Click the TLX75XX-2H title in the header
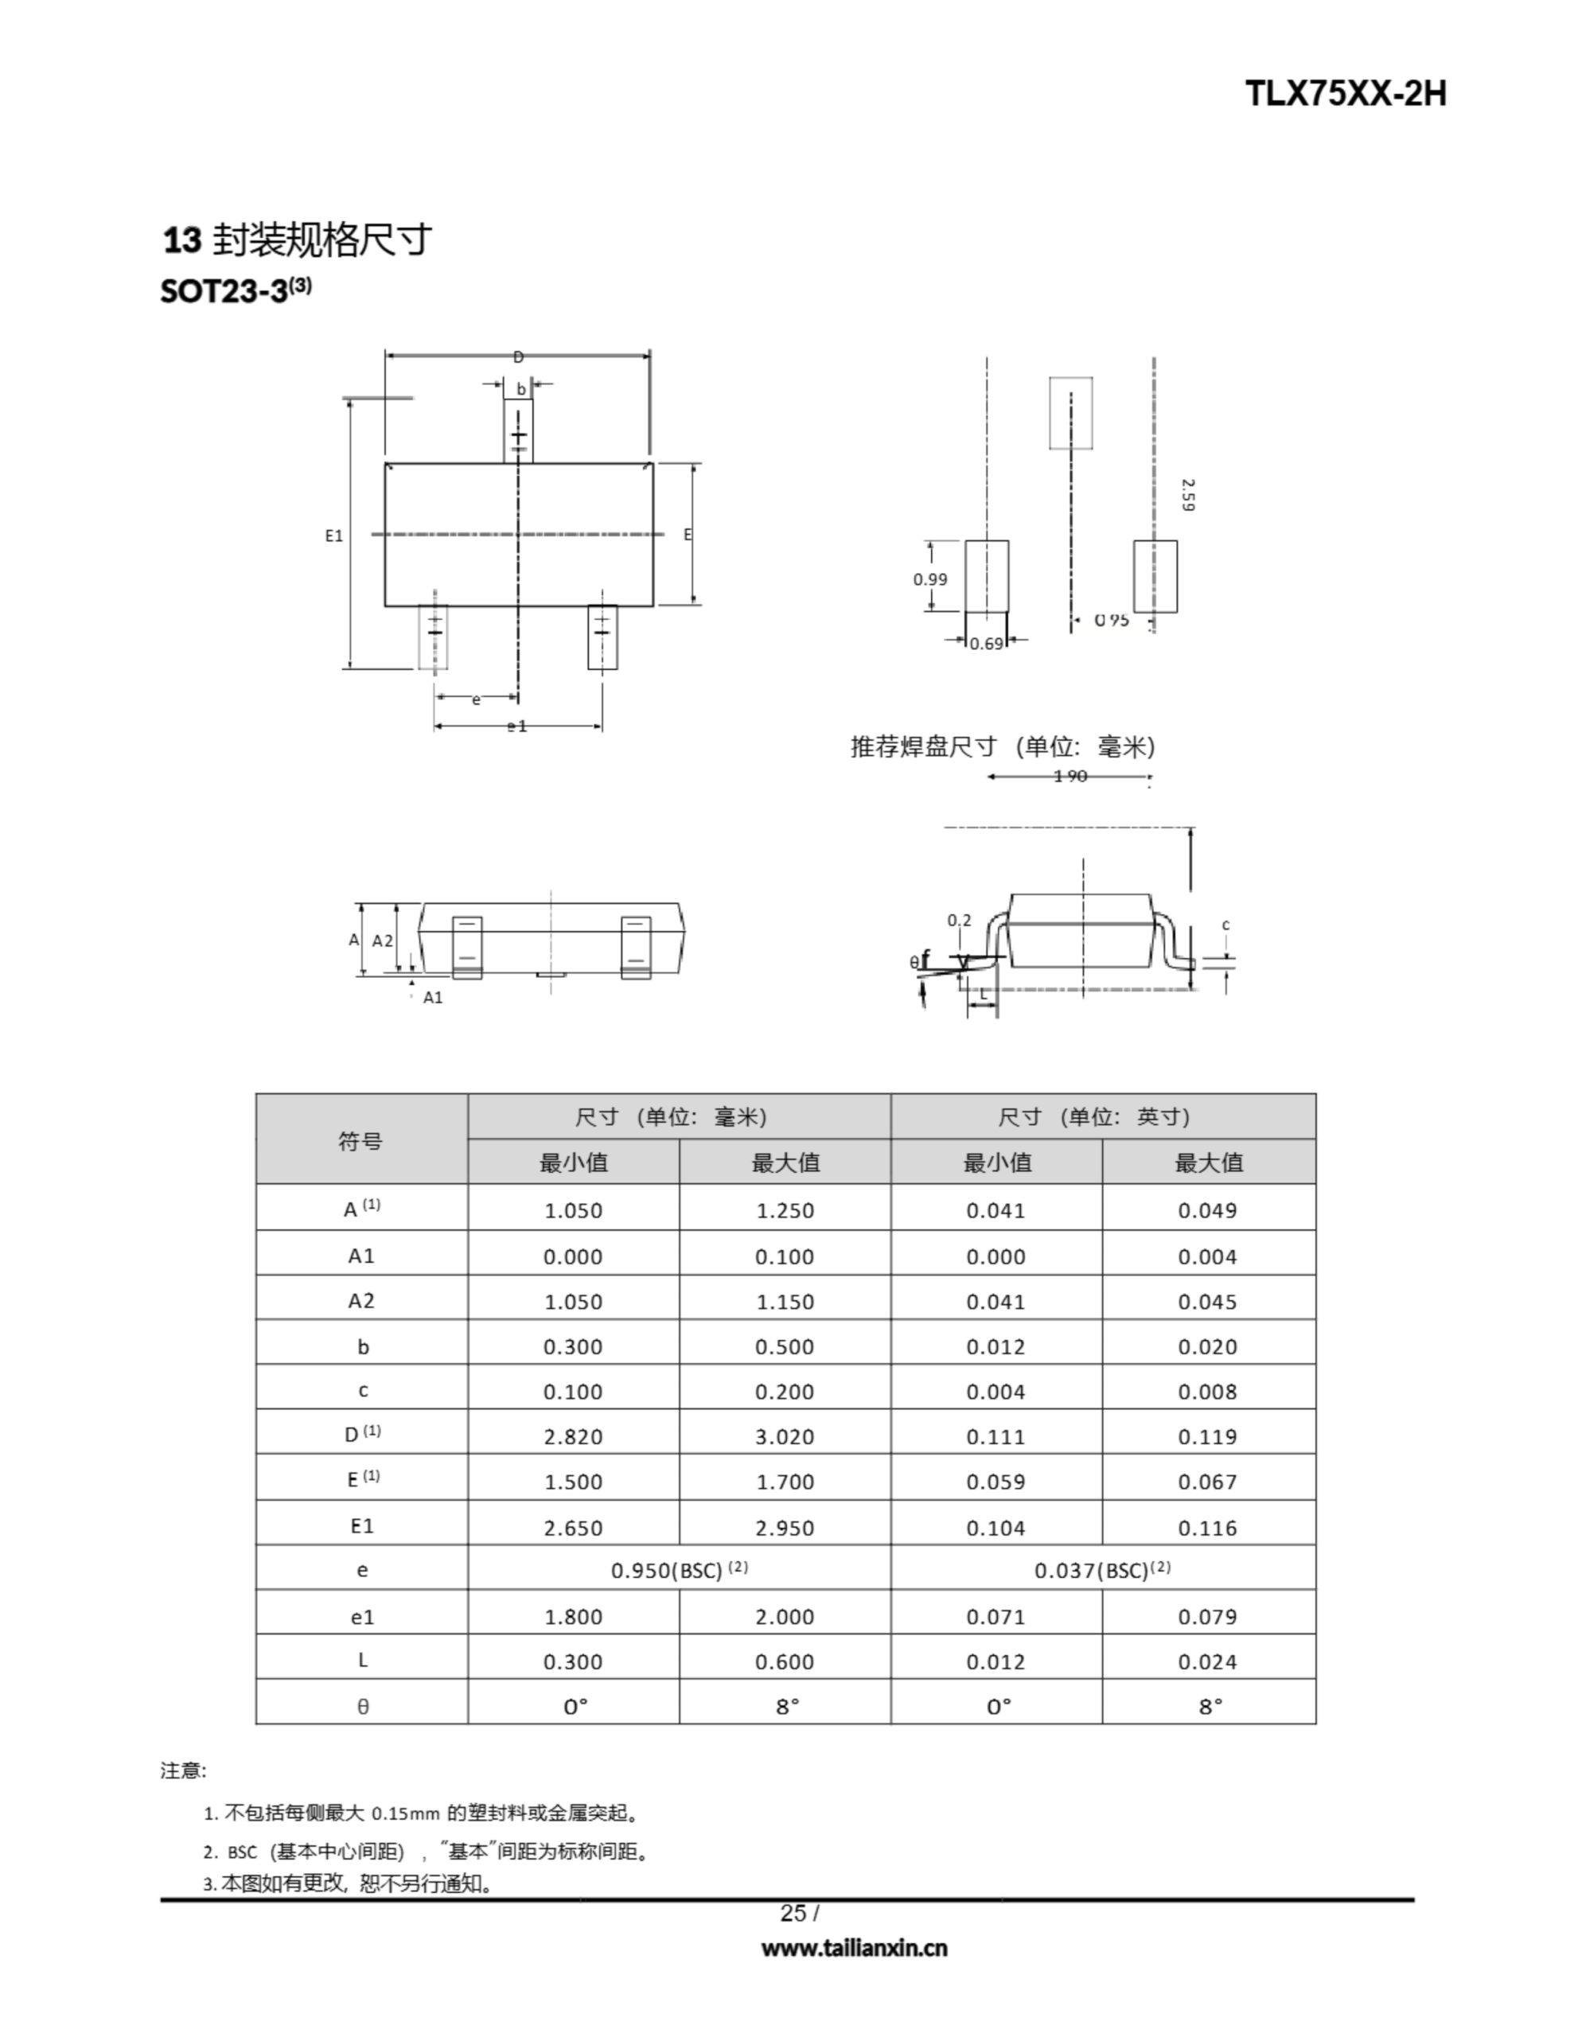tap(1345, 94)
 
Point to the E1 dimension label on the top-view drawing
tap(334, 536)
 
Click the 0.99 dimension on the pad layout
tap(930, 579)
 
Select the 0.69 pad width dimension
tap(986, 644)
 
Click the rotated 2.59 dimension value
tap(1186, 495)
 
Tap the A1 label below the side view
tap(433, 997)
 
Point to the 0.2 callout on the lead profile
tap(959, 921)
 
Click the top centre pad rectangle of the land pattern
tap(1070, 413)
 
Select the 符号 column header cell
tap(361, 1139)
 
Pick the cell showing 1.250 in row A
tap(785, 1209)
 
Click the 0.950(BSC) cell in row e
tap(680, 1571)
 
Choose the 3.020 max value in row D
tap(785, 1436)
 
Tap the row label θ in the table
tap(363, 1706)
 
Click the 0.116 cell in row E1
tap(1207, 1528)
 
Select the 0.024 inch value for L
tap(1207, 1661)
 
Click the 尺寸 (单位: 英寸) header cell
tap(1103, 1116)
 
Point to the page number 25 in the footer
tap(793, 1913)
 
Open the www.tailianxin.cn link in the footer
tap(854, 1947)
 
